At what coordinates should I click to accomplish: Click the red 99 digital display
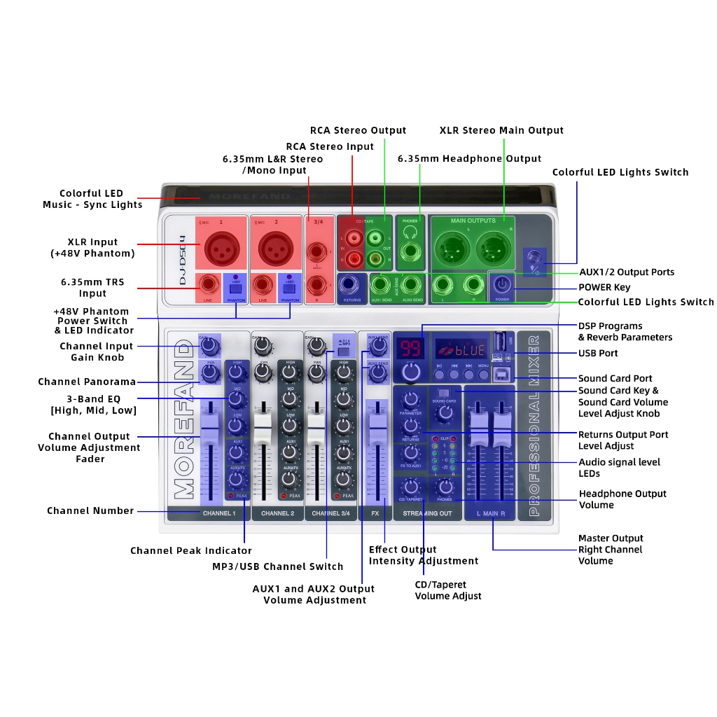tap(408, 347)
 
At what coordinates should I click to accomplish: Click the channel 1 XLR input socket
tap(221, 247)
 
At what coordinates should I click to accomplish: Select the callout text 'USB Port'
tap(597, 354)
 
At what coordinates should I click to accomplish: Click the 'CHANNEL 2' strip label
tap(277, 513)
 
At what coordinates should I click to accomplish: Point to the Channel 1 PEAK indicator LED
tap(230, 496)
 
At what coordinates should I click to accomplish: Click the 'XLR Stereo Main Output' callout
tap(501, 130)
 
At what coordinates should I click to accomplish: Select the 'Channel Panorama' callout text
tap(87, 382)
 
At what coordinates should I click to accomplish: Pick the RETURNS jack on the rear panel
tap(351, 285)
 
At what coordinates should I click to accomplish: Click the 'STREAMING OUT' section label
tap(428, 513)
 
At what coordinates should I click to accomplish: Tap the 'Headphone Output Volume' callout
tap(622, 499)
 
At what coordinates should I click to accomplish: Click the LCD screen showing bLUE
tap(461, 348)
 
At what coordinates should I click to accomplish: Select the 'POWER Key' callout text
tap(604, 287)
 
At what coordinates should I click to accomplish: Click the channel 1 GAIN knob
tap(208, 345)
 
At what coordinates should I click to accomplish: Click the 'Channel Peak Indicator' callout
tap(190, 550)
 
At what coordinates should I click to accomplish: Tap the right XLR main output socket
tap(491, 247)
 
